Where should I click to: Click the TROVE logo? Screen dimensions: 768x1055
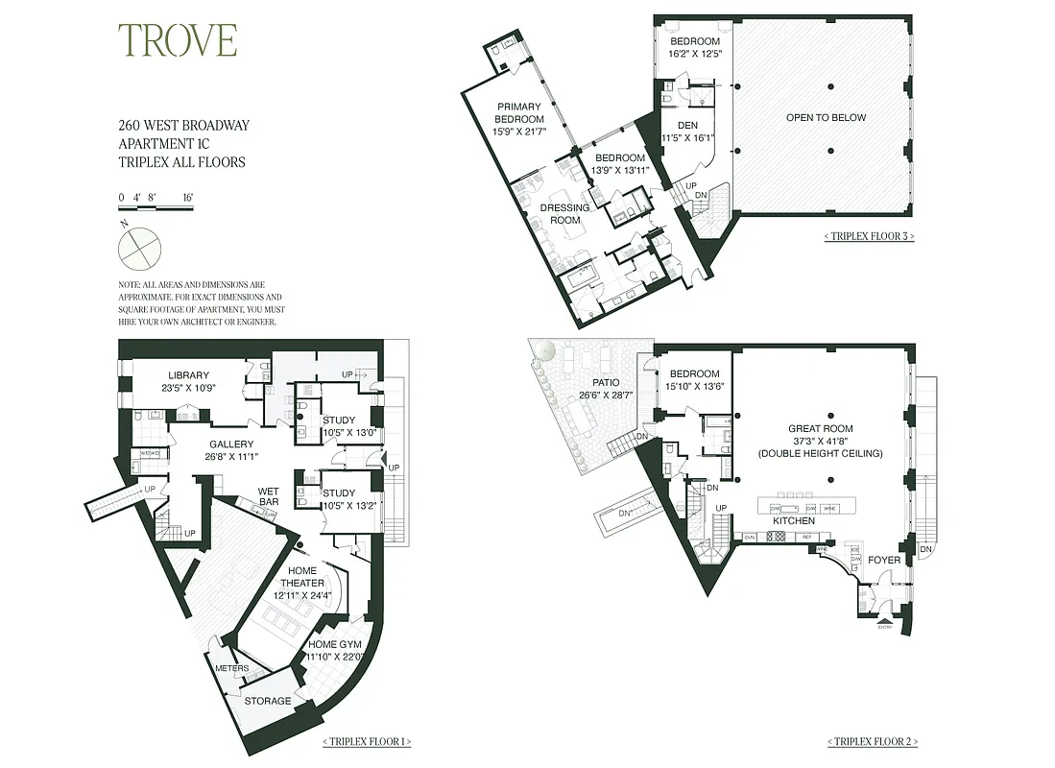pyautogui.click(x=177, y=40)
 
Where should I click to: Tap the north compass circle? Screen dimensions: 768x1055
pyautogui.click(x=139, y=248)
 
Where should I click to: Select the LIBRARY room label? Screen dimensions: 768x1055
pyautogui.click(x=188, y=375)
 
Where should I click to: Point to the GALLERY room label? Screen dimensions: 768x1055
pyautogui.click(x=230, y=444)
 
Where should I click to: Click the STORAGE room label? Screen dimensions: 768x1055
pyautogui.click(x=267, y=701)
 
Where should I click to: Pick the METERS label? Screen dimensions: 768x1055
pyautogui.click(x=231, y=669)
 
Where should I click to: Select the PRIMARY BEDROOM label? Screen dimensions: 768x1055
pyautogui.click(x=519, y=113)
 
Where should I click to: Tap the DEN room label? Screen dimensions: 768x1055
pyautogui.click(x=687, y=125)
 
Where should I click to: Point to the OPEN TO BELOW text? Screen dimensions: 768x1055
pyautogui.click(x=826, y=118)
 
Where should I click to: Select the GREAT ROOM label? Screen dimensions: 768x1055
pyautogui.click(x=821, y=429)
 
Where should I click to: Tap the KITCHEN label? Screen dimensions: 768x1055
pyautogui.click(x=795, y=521)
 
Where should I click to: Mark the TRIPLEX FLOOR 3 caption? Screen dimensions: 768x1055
pyautogui.click(x=869, y=236)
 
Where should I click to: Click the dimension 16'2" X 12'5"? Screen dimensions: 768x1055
pyautogui.click(x=694, y=54)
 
